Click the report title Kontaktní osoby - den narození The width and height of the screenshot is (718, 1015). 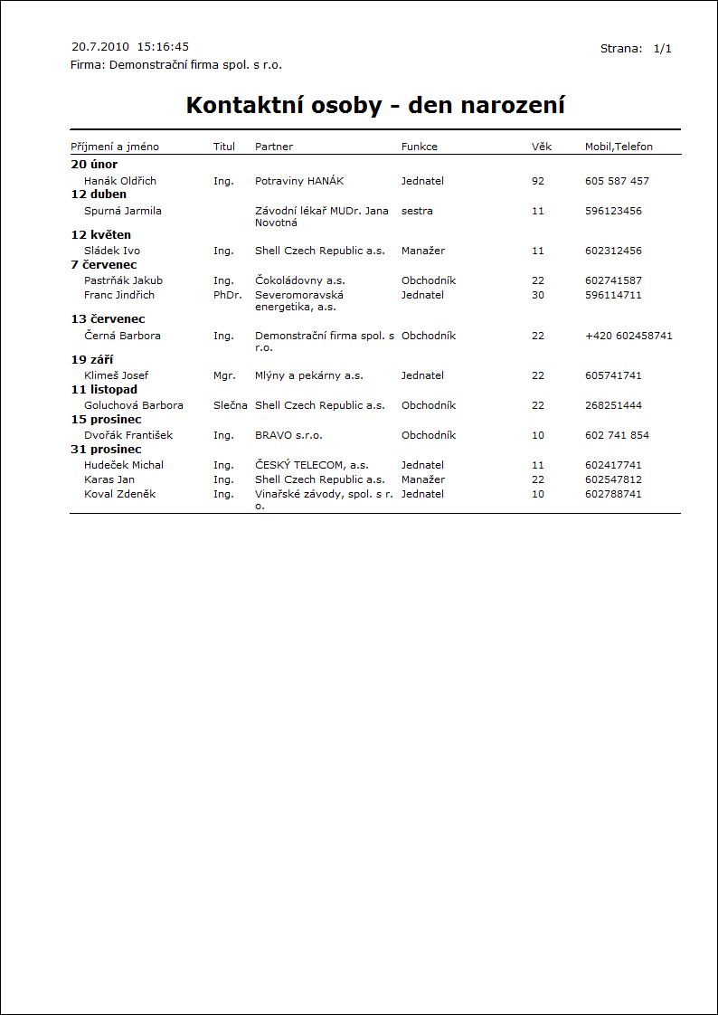pyautogui.click(x=375, y=105)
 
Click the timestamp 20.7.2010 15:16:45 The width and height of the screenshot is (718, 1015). pyautogui.click(x=130, y=46)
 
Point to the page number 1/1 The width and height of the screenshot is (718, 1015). pyautogui.click(x=663, y=48)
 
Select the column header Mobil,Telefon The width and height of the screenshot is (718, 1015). pyautogui.click(x=619, y=147)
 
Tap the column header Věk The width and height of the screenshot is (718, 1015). pyautogui.click(x=541, y=147)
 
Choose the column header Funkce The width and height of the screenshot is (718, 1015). pyautogui.click(x=420, y=147)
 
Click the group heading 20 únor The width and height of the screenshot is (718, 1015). pyautogui.click(x=94, y=165)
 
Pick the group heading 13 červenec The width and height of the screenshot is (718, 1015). pyautogui.click(x=108, y=319)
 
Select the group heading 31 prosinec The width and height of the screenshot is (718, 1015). pyautogui.click(x=106, y=450)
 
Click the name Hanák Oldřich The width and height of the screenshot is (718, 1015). pyautogui.click(x=120, y=181)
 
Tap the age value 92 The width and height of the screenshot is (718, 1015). pyautogui.click(x=538, y=181)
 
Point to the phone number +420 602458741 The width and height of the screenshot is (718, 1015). pyautogui.click(x=628, y=336)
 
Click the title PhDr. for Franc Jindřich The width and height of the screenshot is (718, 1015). pyautogui.click(x=227, y=295)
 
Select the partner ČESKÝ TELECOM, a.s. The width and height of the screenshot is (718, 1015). pyautogui.click(x=312, y=465)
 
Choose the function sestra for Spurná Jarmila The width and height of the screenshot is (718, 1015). pyautogui.click(x=417, y=211)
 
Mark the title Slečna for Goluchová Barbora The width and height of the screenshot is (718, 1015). pyautogui.click(x=231, y=405)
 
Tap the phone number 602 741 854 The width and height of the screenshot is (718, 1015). pyautogui.click(x=617, y=435)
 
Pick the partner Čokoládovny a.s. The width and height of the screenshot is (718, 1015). pyautogui.click(x=300, y=280)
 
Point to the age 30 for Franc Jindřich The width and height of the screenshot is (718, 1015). pyautogui.click(x=538, y=295)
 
